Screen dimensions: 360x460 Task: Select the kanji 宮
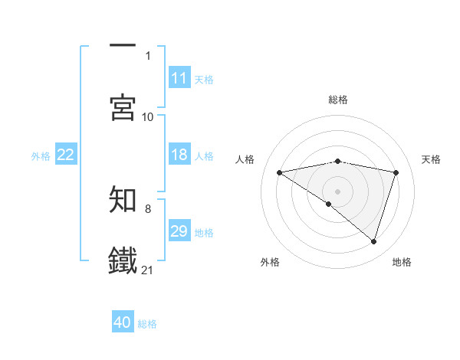pos(123,107)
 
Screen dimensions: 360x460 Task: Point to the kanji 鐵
pos(123,260)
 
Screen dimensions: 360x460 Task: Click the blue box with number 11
pos(179,78)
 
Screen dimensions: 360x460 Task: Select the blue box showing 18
pos(179,155)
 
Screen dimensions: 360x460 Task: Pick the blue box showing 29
pos(179,231)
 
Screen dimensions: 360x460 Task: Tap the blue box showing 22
pos(66,155)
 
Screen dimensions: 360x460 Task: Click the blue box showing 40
pos(123,322)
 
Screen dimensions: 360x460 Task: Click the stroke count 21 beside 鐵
pos(148,270)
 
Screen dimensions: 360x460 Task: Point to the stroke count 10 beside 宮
pos(148,116)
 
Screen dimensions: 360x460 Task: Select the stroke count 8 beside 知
pos(148,208)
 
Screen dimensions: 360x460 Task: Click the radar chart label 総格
pos(338,100)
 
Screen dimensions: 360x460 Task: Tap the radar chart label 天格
pos(432,159)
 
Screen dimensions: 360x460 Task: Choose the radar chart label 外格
pos(270,262)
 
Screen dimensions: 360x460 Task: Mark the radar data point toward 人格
pos(280,172)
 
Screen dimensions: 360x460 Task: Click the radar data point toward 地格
pos(374,242)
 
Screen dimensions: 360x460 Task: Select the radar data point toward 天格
pos(396,172)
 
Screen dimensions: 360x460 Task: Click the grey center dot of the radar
pos(338,191)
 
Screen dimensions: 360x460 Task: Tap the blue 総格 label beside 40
pos(148,323)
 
